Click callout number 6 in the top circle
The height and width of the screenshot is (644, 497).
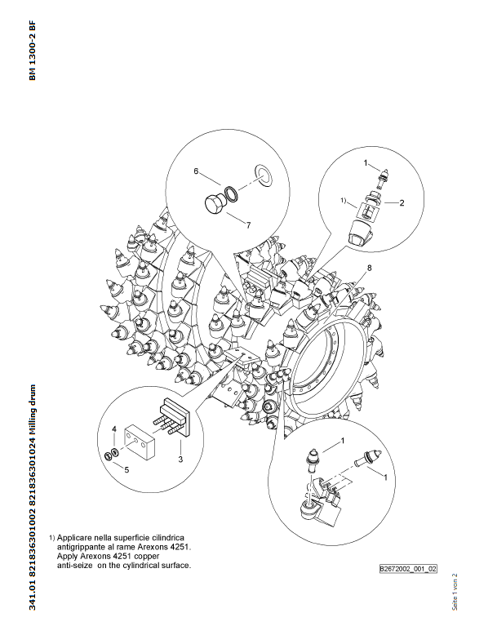pyautogui.click(x=196, y=171)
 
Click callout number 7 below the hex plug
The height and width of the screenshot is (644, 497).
pyautogui.click(x=248, y=225)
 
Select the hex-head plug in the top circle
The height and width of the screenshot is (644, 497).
pyautogui.click(x=215, y=204)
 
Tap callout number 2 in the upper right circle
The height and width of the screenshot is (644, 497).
pyautogui.click(x=402, y=202)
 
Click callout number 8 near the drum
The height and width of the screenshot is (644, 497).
pyautogui.click(x=369, y=268)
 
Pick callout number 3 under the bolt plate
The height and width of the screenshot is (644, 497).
pyautogui.click(x=180, y=460)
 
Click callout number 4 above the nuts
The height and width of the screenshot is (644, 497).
pyautogui.click(x=114, y=429)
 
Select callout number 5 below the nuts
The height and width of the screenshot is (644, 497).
pyautogui.click(x=126, y=469)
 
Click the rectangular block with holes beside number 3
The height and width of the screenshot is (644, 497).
pyautogui.click(x=140, y=441)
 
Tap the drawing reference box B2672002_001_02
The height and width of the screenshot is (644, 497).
pyautogui.click(x=408, y=569)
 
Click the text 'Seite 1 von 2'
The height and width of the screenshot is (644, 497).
pyautogui.click(x=455, y=592)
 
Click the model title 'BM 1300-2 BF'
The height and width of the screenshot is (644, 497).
pyautogui.click(x=33, y=51)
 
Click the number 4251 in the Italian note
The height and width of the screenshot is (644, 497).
pyautogui.click(x=181, y=547)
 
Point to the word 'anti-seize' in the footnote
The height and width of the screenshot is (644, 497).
pyautogui.click(x=74, y=565)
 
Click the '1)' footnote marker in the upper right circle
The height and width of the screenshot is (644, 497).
pyautogui.click(x=344, y=201)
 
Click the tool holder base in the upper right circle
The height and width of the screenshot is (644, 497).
pyautogui.click(x=360, y=233)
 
